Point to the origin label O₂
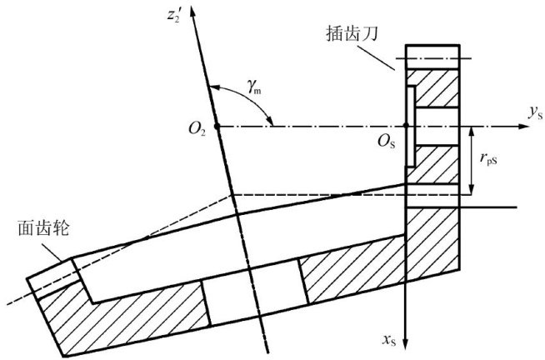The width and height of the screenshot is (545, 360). (197, 128)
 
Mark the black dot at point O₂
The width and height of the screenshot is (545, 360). (215, 127)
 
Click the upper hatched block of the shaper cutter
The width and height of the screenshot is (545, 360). (432, 87)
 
